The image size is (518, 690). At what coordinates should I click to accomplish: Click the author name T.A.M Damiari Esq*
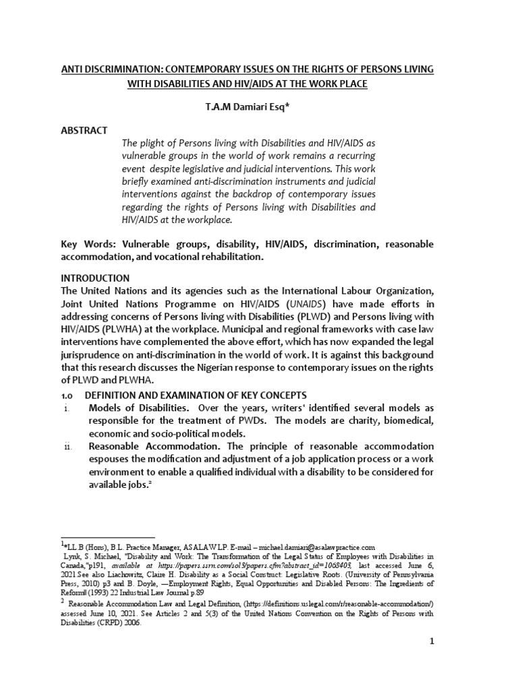[259, 106]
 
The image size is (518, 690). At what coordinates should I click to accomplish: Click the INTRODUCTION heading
[96, 278]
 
